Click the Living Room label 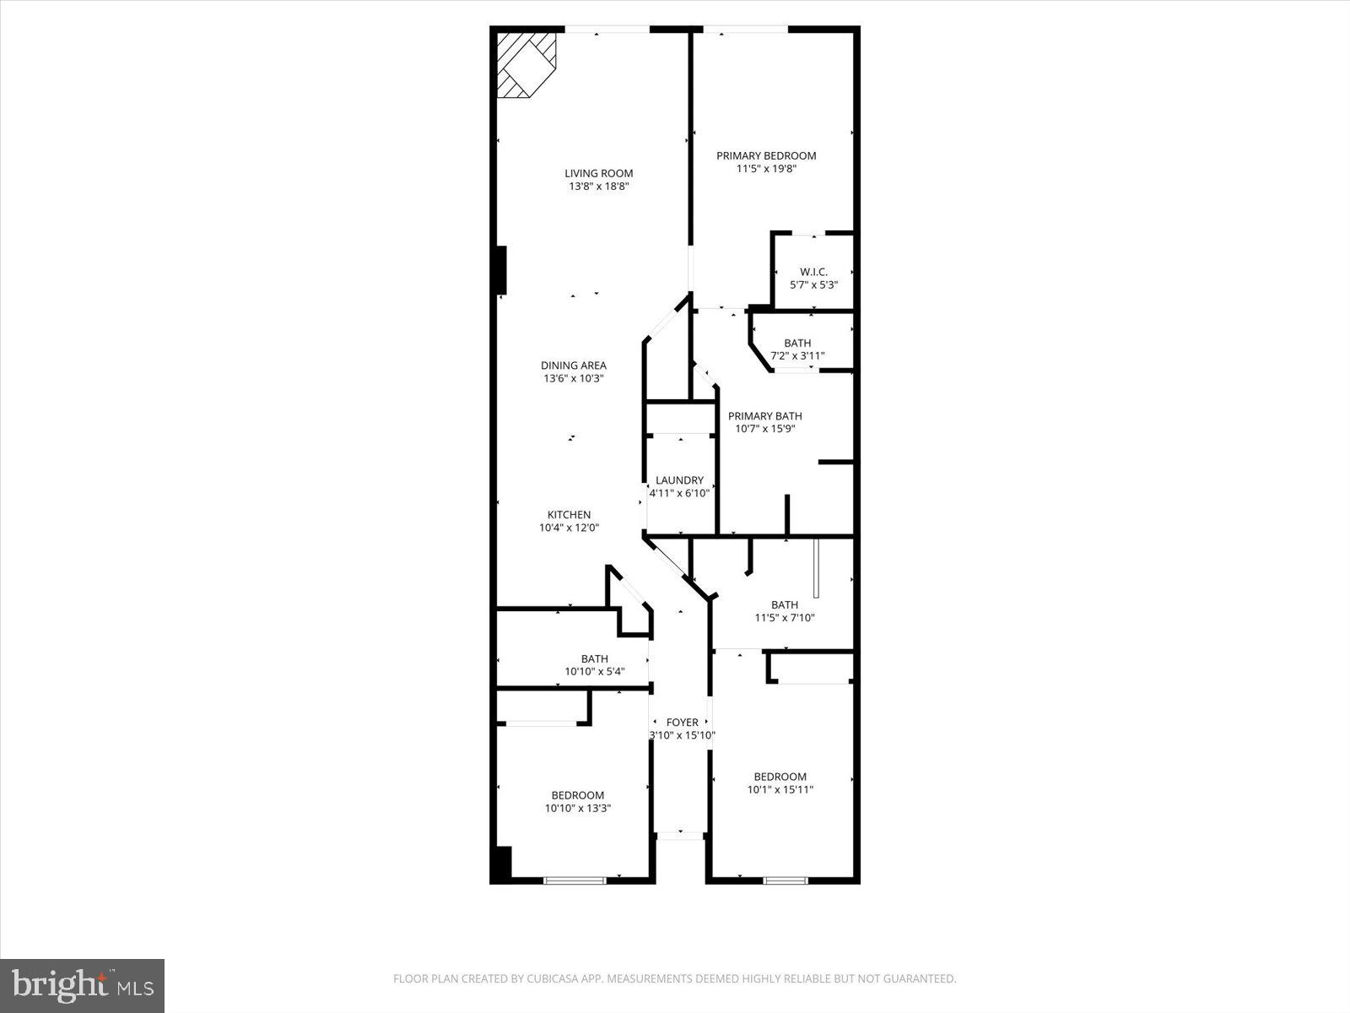[x=598, y=173]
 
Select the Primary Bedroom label [x=766, y=155]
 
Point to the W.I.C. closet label [x=813, y=272]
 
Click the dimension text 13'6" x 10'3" [x=574, y=378]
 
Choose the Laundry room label [x=679, y=480]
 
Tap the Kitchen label [x=569, y=515]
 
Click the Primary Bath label [x=764, y=416]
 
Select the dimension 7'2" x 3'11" [x=797, y=355]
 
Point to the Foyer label [x=682, y=723]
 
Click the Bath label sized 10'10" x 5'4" [x=594, y=659]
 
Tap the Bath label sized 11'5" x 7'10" [x=784, y=604]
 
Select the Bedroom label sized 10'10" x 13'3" [x=577, y=795]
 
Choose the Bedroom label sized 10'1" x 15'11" [x=780, y=777]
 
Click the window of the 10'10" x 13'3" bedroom [x=575, y=880]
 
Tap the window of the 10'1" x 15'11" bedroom [x=785, y=880]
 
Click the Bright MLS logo [x=82, y=985]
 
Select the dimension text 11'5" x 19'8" [x=766, y=169]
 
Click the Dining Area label [x=574, y=366]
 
